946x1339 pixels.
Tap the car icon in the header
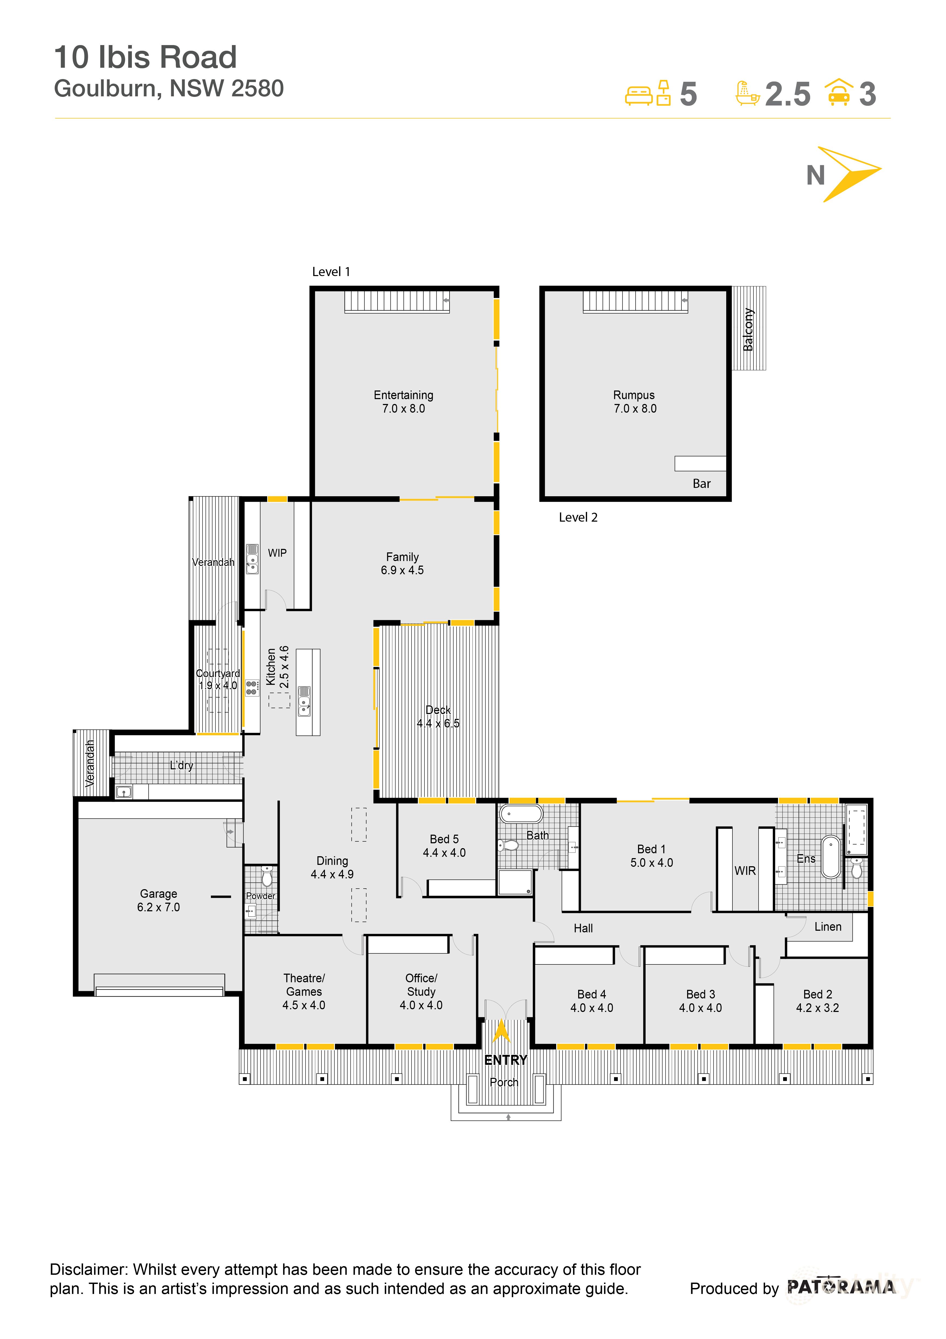[x=838, y=93]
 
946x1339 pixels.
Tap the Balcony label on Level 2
[x=748, y=329]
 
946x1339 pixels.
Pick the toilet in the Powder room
[x=267, y=876]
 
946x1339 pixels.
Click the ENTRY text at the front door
[x=505, y=1060]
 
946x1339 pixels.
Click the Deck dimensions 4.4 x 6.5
[x=438, y=723]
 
